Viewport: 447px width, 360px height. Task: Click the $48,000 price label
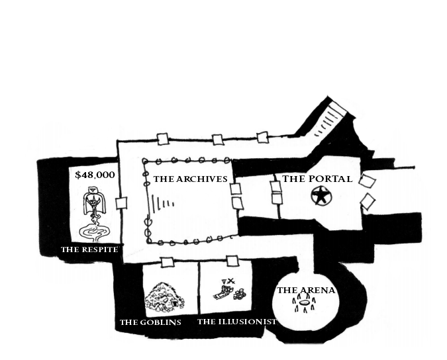coord(95,175)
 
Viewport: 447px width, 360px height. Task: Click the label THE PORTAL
coord(317,179)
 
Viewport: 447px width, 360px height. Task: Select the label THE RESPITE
coord(89,249)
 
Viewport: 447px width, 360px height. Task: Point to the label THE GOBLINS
coord(150,322)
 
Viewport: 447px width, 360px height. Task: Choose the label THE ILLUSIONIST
coord(236,322)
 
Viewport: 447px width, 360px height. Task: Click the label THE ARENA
coord(306,290)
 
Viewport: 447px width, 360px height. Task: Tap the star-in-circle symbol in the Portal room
coord(321,196)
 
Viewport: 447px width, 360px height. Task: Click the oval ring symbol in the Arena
coord(305,305)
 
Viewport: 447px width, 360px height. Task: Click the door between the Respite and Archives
coord(121,203)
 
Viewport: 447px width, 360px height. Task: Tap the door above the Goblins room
coord(167,261)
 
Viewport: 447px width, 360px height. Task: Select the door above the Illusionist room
coord(232,261)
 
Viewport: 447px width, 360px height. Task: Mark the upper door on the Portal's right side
coord(367,181)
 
